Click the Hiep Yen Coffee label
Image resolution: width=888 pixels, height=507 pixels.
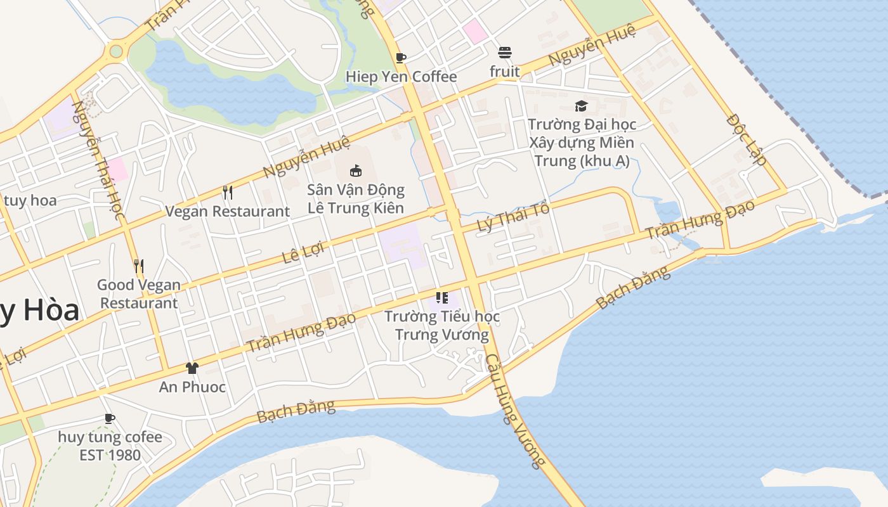point(401,77)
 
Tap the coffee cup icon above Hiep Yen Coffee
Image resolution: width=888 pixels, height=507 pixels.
point(401,58)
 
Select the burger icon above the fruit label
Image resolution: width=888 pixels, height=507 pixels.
point(505,52)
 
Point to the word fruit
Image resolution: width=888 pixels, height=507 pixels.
point(505,72)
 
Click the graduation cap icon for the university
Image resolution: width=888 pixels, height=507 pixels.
point(581,106)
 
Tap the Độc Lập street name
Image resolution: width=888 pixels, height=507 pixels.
point(747,139)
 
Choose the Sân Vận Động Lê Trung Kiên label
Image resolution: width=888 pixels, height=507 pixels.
point(356,198)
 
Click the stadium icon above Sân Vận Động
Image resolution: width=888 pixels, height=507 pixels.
point(356,170)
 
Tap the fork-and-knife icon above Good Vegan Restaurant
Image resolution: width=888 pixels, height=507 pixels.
point(139,266)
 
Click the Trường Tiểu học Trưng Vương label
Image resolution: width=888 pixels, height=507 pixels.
point(442,325)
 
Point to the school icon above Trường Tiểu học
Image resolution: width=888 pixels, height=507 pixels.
point(442,297)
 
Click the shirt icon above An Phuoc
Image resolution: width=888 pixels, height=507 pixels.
point(192,368)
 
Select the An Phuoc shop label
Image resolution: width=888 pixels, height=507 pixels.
point(192,387)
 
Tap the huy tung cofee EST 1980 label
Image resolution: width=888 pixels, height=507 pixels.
point(110,446)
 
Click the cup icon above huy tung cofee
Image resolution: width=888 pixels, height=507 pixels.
point(110,418)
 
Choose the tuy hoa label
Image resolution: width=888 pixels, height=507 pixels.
point(30,201)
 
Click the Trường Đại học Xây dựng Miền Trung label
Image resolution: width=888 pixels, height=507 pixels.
point(582,143)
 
